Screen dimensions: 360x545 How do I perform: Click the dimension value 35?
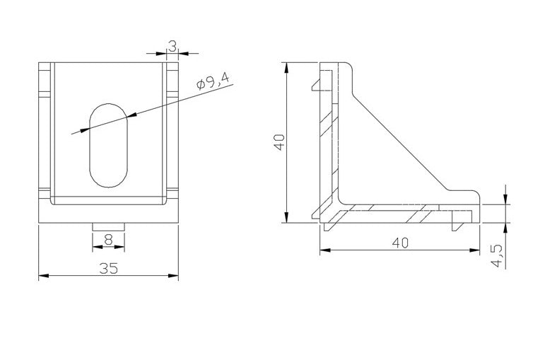(108, 267)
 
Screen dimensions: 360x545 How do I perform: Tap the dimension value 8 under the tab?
(108, 240)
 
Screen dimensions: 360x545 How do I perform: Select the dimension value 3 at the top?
(172, 45)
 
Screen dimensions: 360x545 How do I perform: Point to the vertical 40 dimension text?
(279, 142)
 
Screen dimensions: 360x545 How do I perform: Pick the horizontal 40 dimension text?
(399, 242)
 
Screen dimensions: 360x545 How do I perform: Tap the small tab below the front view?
(108, 225)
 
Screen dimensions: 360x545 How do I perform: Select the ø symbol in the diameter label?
(201, 86)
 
